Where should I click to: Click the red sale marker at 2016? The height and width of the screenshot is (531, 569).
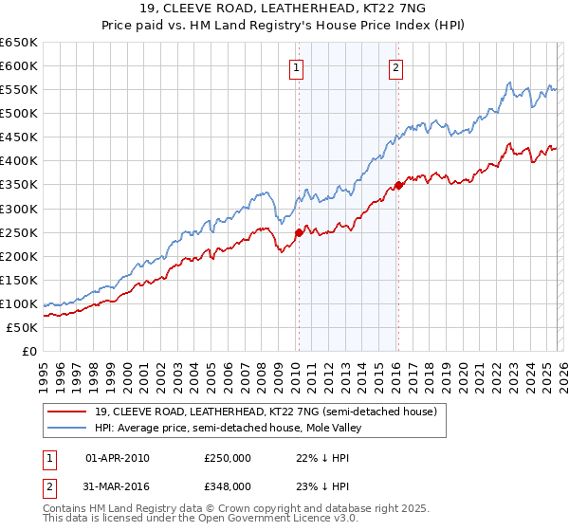coord(398,185)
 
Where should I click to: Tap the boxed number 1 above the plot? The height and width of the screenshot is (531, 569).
coord(297,67)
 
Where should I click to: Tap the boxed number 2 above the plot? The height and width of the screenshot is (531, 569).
coord(395,67)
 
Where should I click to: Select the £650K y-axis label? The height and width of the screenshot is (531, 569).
coord(19,43)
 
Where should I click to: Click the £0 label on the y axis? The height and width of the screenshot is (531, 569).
coord(28,351)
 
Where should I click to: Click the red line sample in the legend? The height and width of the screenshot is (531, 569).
coord(67,412)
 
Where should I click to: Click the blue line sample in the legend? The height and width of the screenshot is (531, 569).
coord(67,429)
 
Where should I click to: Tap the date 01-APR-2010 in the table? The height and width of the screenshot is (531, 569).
coord(118,458)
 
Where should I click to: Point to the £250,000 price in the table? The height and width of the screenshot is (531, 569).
coord(228,458)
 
